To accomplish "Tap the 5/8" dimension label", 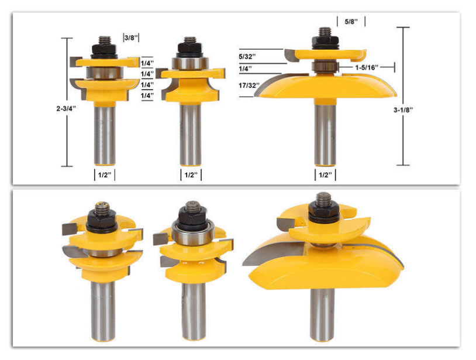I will (351, 22).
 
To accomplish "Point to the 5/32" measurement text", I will (247, 57).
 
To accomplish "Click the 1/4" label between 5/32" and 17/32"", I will (245, 68).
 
